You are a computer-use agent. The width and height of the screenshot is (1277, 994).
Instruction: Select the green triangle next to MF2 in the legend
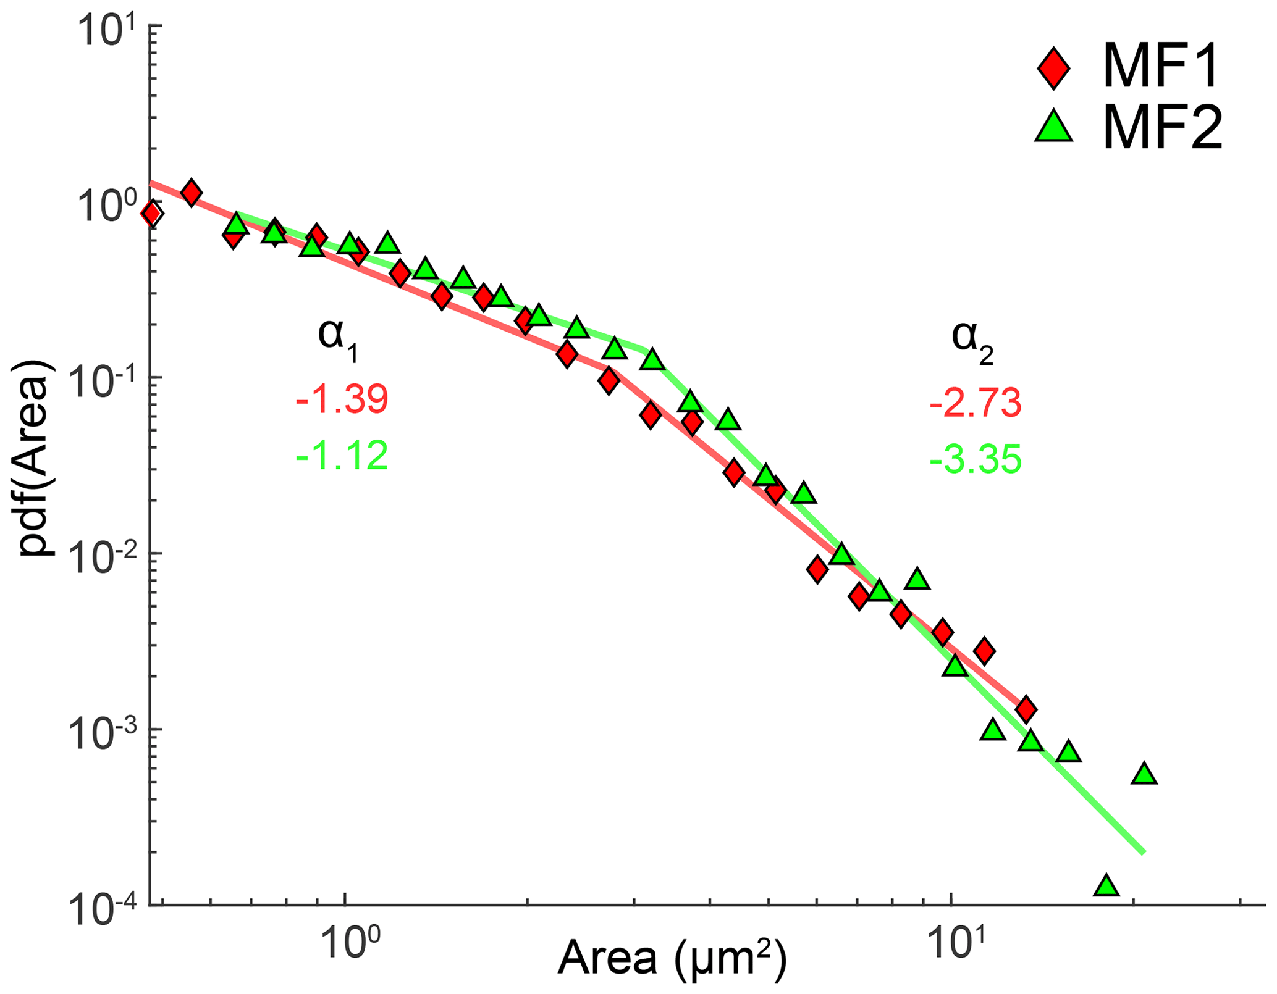coord(1053,130)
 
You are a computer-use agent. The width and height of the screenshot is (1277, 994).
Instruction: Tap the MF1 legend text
coord(1160,69)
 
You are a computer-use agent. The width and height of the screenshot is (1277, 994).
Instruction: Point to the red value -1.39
coord(342,399)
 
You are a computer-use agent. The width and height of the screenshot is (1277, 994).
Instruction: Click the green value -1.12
coord(342,456)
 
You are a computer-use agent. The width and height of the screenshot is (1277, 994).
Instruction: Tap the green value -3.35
coord(975,460)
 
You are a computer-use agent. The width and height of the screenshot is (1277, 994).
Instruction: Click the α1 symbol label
coord(338,339)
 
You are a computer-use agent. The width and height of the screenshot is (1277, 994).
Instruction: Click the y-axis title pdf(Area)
coord(36,460)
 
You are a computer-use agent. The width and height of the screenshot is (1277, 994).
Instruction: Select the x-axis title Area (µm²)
coord(672,959)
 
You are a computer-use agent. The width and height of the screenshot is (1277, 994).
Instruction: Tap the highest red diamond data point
coord(192,193)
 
